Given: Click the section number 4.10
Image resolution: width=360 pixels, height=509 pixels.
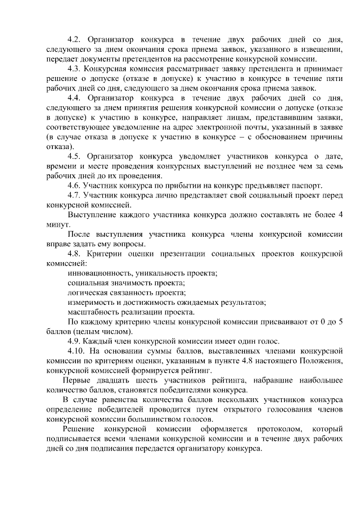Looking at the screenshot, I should pyautogui.click(x=76, y=352).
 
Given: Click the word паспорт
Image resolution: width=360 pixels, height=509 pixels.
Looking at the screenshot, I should pyautogui.click(x=307, y=186).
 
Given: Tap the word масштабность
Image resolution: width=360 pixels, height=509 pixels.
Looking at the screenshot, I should pyautogui.click(x=93, y=312).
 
